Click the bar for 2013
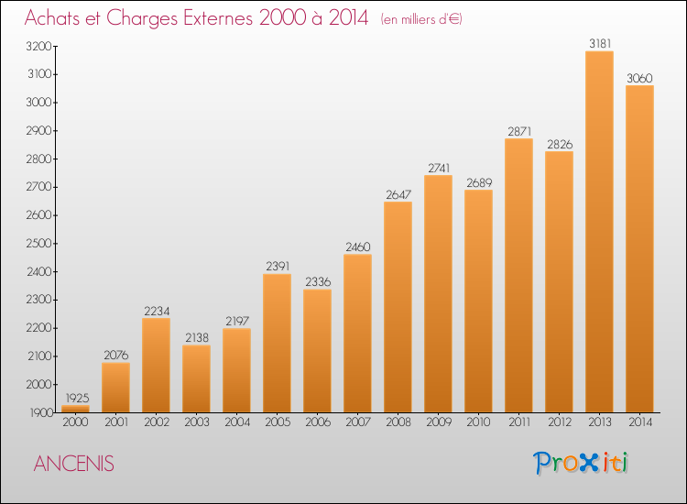point(599,232)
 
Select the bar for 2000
point(75,409)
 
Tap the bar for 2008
point(398,307)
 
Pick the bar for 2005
point(277,343)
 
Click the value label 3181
point(600,43)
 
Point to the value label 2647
point(398,194)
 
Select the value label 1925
point(77,398)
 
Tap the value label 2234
point(157,311)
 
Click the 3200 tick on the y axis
point(39,46)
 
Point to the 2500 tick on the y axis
point(39,243)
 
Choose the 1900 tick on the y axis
point(41,412)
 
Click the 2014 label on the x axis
point(640,422)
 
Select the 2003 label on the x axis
point(197,422)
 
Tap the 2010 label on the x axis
point(478,422)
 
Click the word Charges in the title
point(142,18)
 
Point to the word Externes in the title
point(218,17)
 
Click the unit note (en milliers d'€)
point(421,19)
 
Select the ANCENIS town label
point(73,464)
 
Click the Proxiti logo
point(581,463)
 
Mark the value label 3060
point(639,78)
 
